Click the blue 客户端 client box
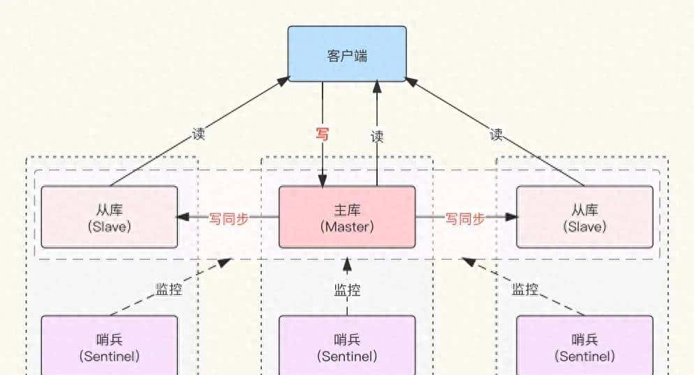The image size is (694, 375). point(347,54)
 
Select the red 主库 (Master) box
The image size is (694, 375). point(347,217)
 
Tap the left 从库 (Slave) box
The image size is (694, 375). point(110,217)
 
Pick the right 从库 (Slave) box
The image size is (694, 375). point(585,217)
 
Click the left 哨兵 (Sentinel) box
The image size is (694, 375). point(110,347)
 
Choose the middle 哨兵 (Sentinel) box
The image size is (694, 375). point(347,347)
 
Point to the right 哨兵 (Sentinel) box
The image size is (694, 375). point(585,347)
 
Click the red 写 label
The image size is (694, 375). point(323,135)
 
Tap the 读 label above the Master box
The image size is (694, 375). point(377,137)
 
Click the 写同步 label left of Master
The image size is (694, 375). point(229,218)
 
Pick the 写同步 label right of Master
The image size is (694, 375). point(465,218)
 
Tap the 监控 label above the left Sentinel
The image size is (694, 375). point(168,288)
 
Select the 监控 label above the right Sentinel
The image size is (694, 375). point(525,289)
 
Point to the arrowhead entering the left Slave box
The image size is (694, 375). point(184,217)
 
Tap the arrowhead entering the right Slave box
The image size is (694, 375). point(511,217)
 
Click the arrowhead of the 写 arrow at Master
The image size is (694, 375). point(323,181)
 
